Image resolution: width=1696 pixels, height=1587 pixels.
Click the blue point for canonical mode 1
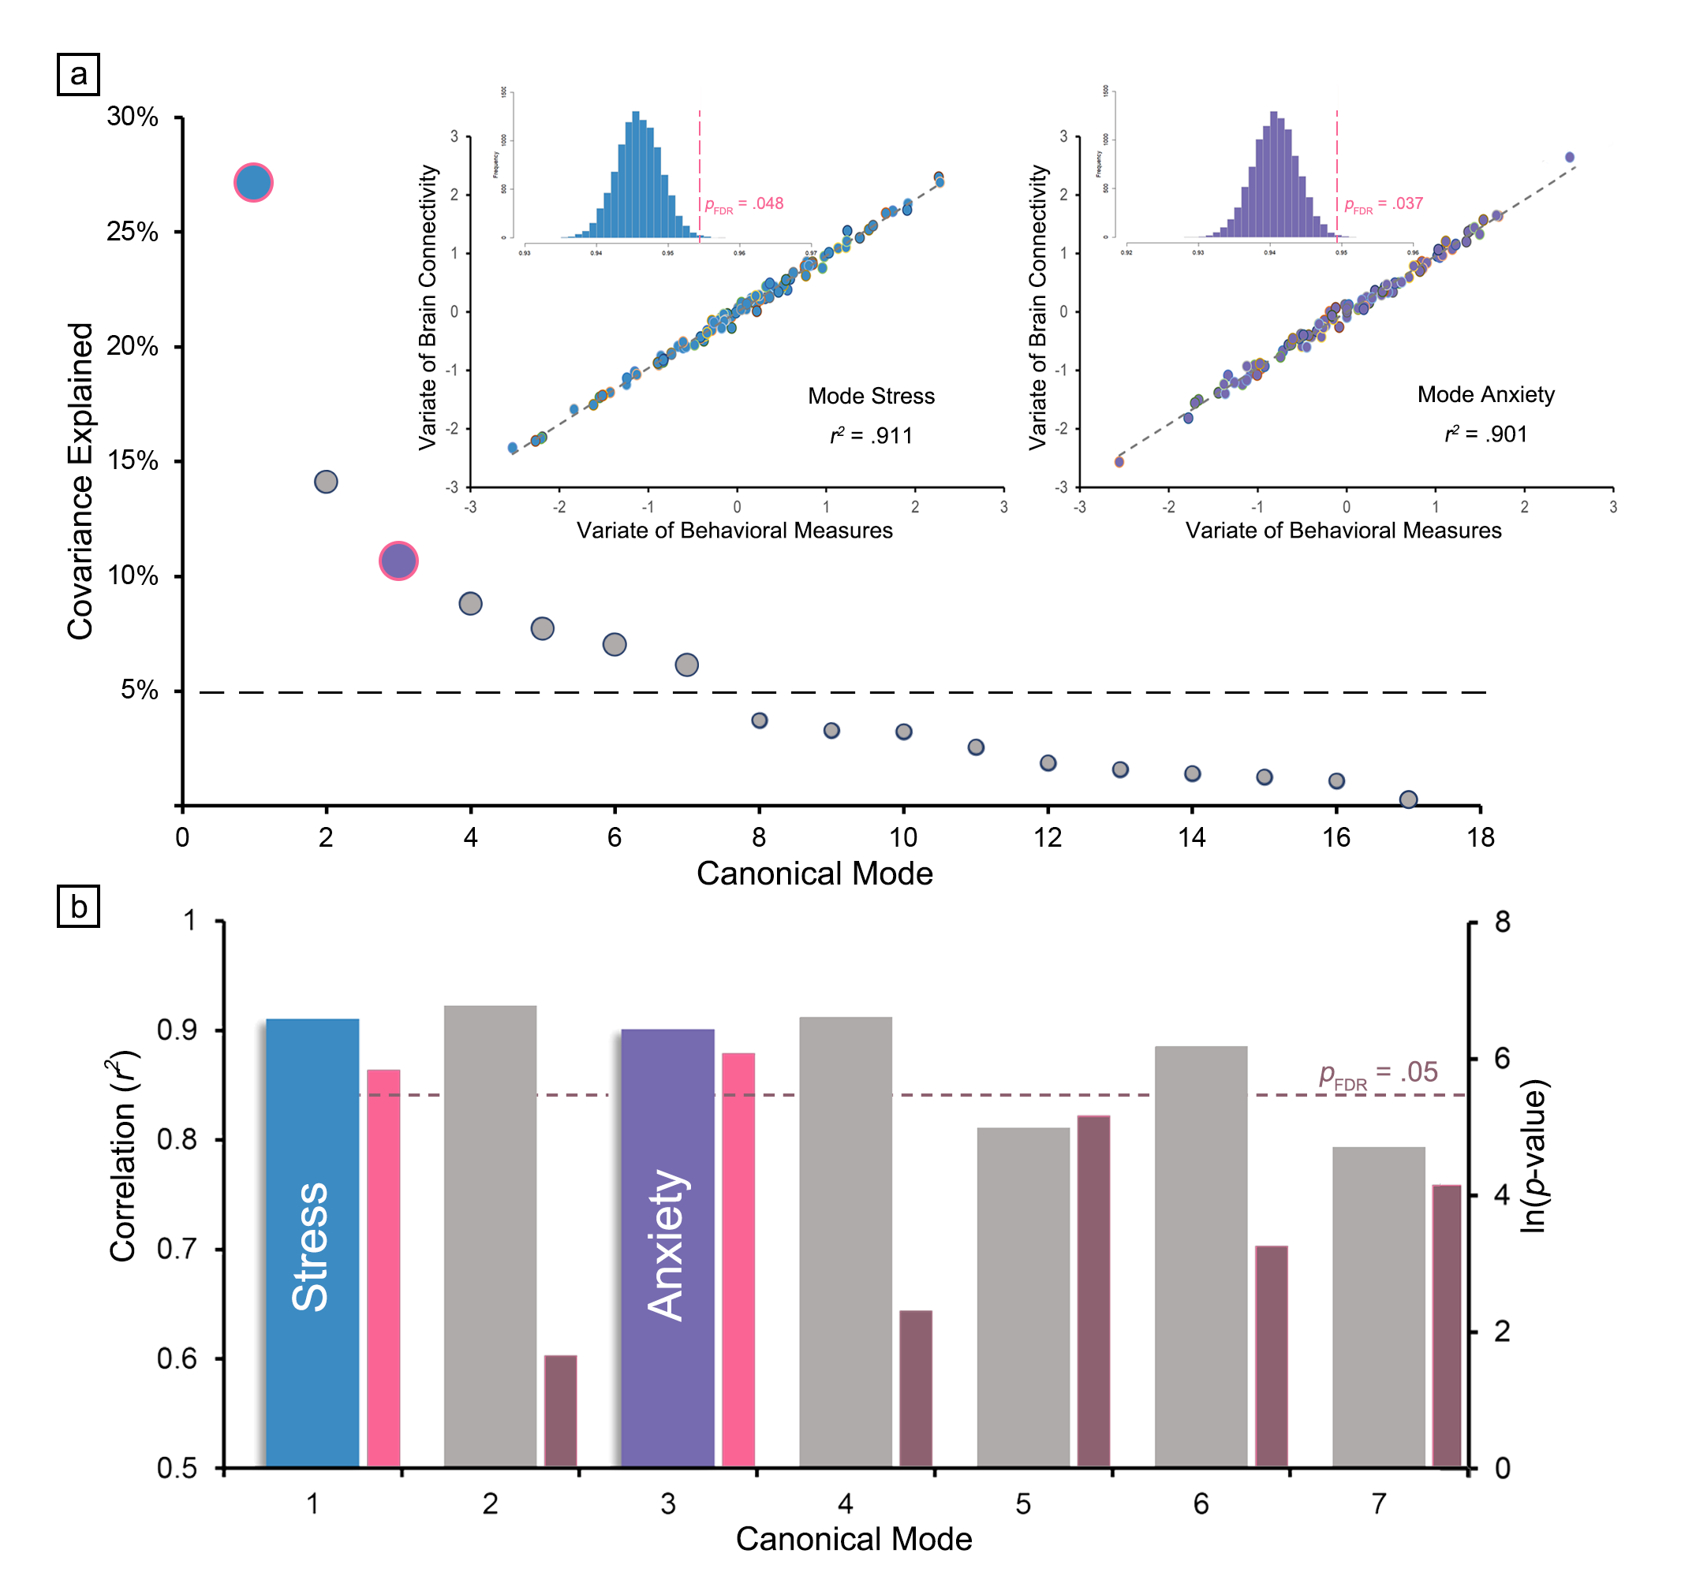[253, 182]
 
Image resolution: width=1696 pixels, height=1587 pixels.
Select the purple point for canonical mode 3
[398, 561]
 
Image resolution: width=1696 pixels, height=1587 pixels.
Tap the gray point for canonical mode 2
[326, 482]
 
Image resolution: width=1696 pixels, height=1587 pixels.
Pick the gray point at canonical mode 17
[1409, 799]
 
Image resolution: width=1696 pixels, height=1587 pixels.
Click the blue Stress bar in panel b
[312, 1245]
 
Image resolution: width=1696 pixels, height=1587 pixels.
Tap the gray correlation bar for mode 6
[1201, 1257]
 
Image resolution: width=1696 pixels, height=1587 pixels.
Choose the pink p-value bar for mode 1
[383, 1271]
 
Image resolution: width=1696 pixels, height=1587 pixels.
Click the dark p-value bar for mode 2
[561, 1411]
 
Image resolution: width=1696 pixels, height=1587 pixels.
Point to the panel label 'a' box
[78, 74]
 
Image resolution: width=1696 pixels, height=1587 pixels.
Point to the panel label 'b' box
[78, 906]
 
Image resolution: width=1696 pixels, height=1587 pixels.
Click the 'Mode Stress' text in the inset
[871, 396]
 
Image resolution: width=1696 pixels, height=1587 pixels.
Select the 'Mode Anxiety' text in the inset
[1485, 394]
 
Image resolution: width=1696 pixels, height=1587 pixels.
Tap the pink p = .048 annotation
[744, 204]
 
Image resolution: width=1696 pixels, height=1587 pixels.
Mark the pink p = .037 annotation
[1384, 204]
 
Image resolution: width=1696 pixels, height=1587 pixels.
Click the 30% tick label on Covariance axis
[133, 117]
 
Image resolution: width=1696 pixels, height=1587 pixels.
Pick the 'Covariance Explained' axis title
[80, 481]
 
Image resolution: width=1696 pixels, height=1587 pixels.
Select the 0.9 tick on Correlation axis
[177, 1030]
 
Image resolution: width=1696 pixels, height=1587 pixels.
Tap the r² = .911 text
[871, 436]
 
